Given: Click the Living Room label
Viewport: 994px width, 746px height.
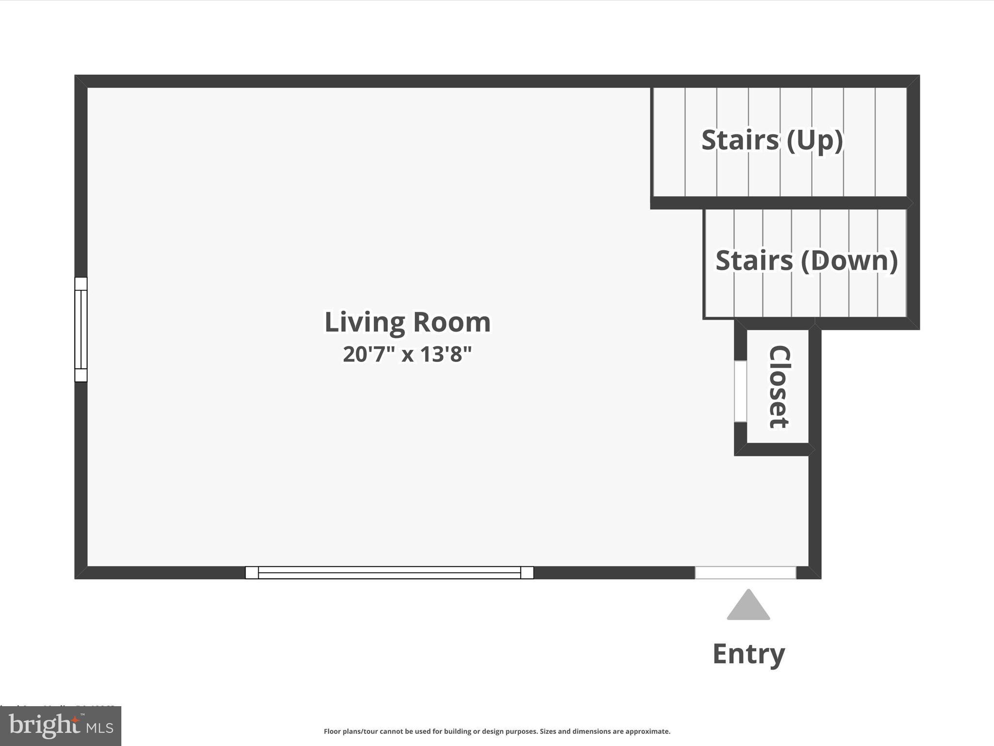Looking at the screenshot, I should (407, 322).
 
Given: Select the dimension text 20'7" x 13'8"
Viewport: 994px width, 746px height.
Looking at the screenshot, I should (407, 354).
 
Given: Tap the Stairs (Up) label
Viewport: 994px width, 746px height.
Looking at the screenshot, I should (772, 140).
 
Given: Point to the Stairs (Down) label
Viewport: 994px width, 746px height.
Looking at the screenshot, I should (806, 260).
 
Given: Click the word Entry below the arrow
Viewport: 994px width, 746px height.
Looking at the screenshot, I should (748, 653).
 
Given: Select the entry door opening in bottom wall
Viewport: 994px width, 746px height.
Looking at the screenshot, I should (745, 573).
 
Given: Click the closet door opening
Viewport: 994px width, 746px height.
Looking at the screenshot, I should (740, 391).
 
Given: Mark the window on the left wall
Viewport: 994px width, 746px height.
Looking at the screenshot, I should (81, 329).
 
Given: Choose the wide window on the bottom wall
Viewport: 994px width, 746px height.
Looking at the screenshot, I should (389, 573).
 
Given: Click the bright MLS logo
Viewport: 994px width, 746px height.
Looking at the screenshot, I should (61, 726).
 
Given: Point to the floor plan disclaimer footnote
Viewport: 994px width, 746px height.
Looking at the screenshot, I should (497, 731).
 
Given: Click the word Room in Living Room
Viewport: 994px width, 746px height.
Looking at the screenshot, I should (452, 322).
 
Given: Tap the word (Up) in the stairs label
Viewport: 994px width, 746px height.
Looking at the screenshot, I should (814, 140).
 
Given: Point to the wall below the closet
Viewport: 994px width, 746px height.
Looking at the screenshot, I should (774, 450).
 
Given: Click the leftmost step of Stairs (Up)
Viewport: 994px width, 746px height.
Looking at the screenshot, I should (669, 142).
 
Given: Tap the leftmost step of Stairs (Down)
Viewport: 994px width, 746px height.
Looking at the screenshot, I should (719, 263).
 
